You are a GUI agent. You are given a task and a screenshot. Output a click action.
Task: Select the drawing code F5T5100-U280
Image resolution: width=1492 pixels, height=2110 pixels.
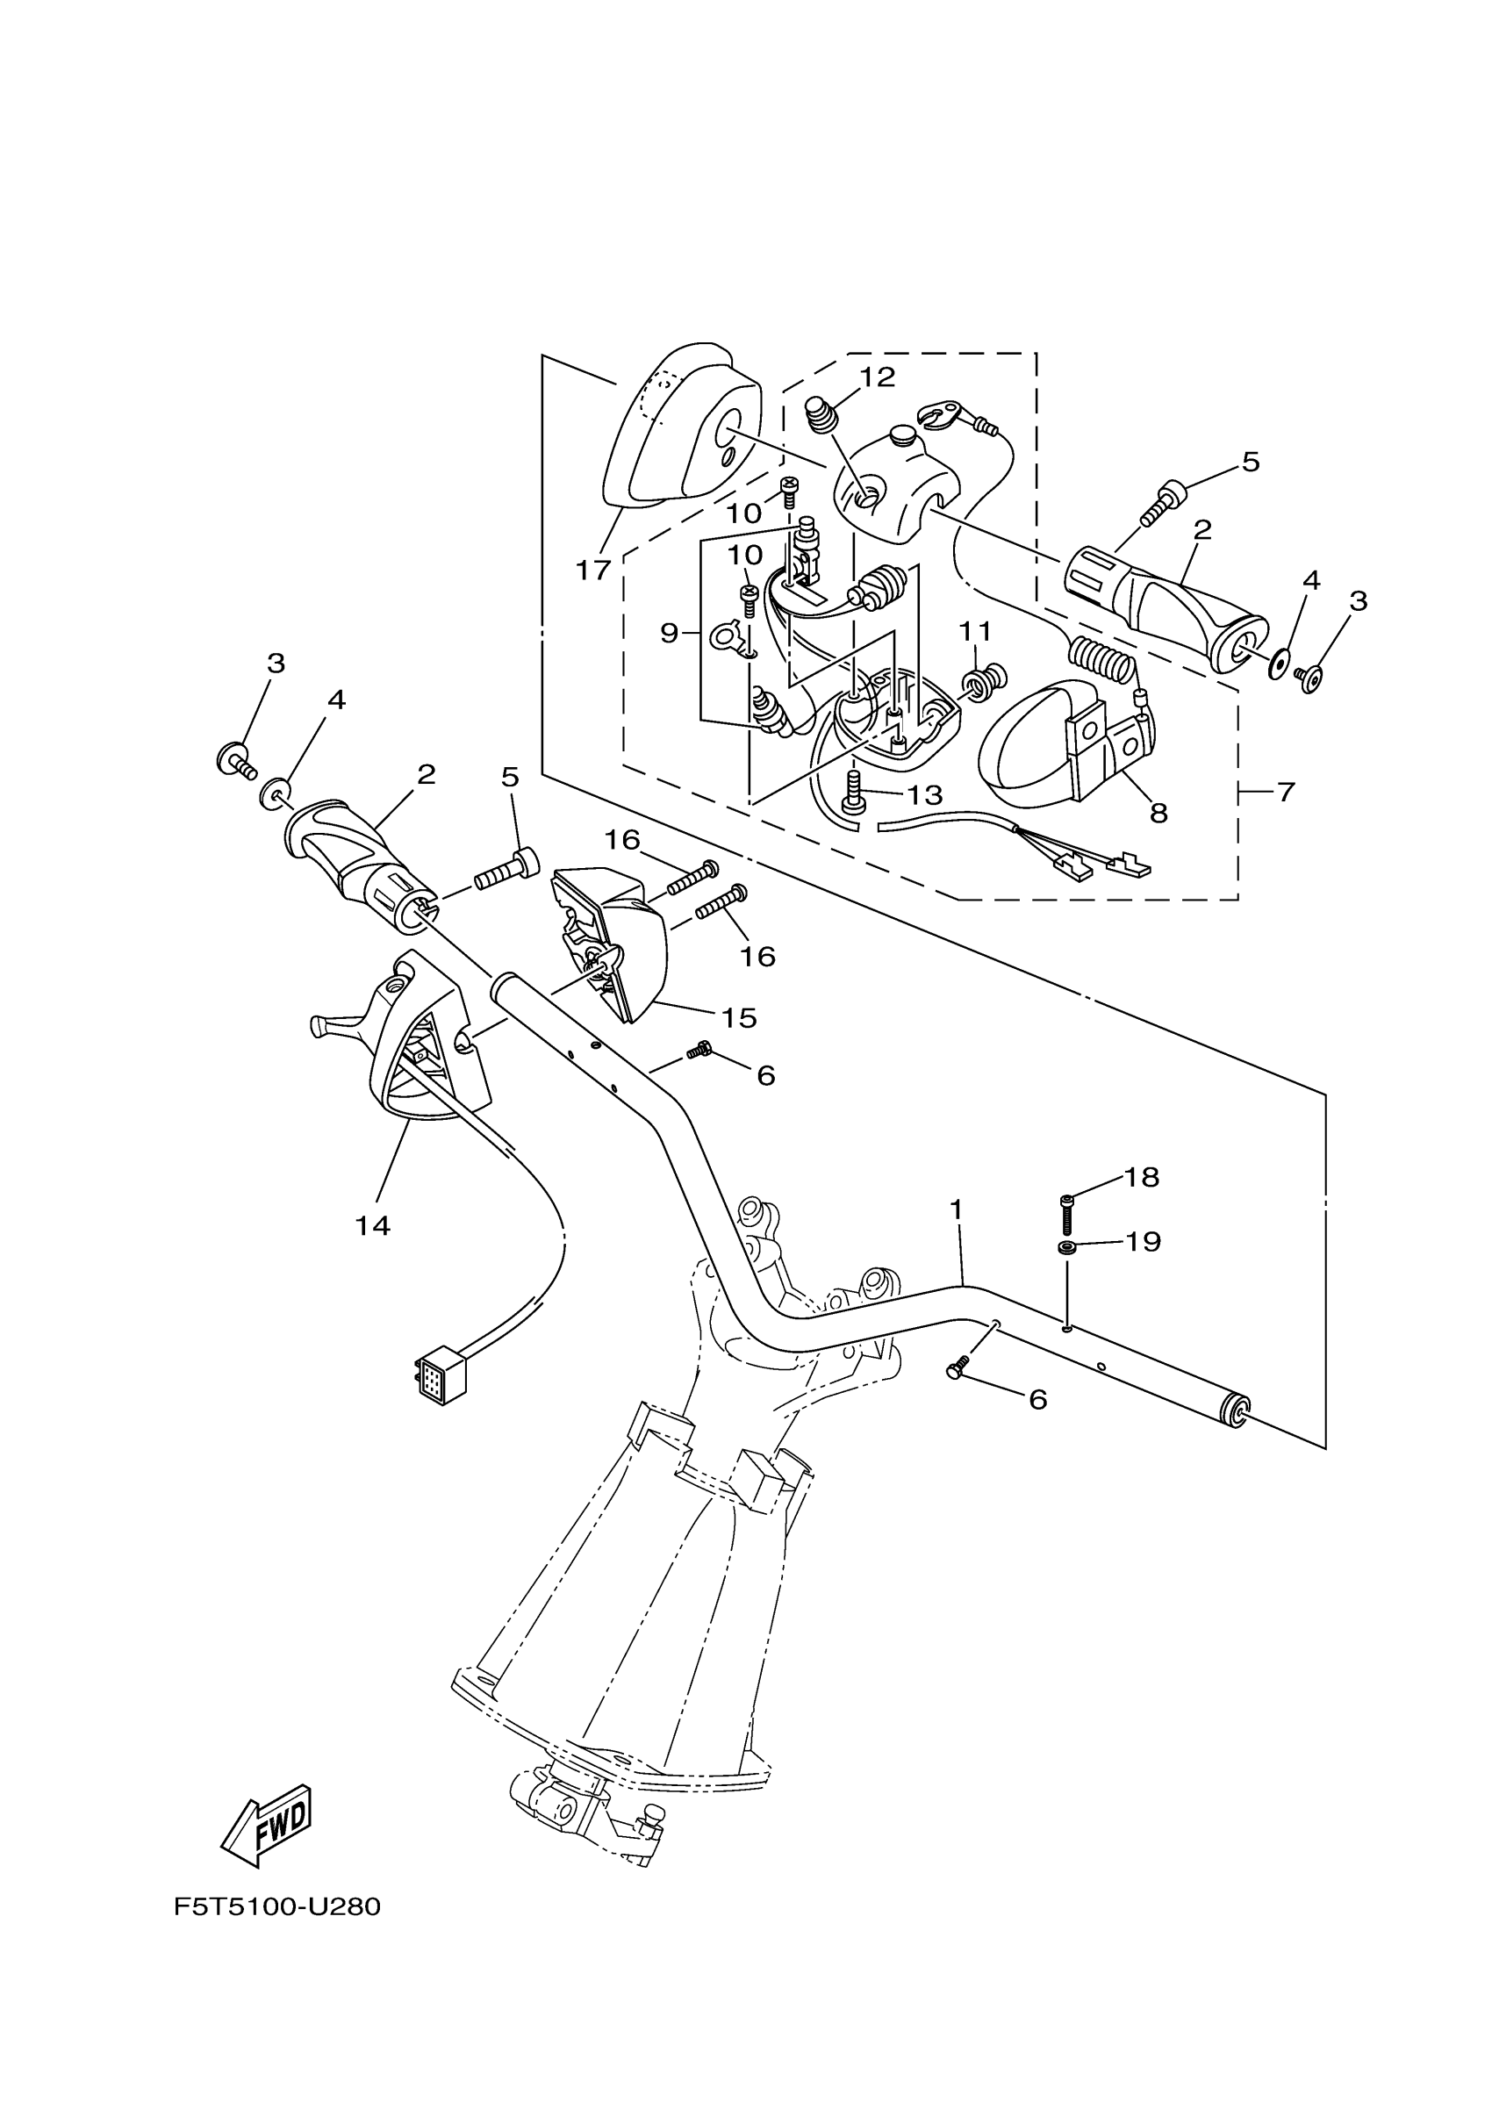click(276, 1906)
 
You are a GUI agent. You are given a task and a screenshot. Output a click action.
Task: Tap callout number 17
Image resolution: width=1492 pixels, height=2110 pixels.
click(592, 571)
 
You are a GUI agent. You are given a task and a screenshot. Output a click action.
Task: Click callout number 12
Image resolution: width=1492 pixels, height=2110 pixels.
click(878, 377)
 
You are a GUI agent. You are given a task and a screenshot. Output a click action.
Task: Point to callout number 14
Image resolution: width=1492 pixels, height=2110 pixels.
click(373, 1225)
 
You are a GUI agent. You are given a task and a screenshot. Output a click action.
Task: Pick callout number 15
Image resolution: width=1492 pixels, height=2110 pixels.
click(739, 1017)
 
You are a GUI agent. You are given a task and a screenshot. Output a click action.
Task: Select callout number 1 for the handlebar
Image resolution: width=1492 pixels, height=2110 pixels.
click(957, 1210)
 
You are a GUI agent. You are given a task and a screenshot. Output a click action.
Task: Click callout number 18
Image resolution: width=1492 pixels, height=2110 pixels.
click(1142, 1177)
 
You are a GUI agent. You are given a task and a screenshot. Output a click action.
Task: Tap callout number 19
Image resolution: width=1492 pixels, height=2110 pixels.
click(1143, 1243)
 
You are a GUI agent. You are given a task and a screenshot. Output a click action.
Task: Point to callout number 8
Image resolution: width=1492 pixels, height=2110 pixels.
click(1158, 813)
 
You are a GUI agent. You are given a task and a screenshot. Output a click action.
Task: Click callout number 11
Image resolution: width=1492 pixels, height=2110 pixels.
click(976, 631)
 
